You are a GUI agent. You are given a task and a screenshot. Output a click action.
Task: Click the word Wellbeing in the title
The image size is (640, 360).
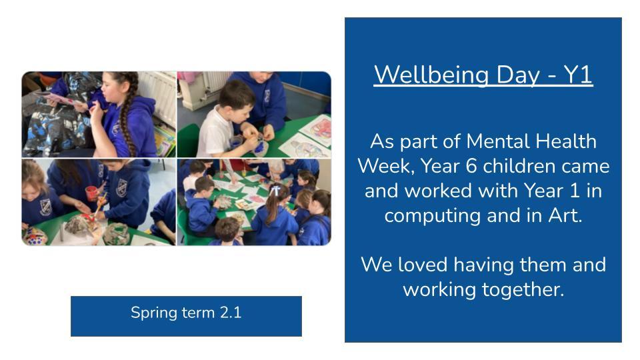tap(431, 75)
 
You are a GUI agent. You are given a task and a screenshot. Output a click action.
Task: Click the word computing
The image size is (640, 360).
tap(432, 216)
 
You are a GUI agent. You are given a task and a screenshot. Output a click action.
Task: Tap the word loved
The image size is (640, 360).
tap(423, 265)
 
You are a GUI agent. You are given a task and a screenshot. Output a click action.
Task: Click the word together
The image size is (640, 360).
tap(523, 290)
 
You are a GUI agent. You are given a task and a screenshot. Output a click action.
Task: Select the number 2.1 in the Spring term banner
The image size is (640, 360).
tap(231, 313)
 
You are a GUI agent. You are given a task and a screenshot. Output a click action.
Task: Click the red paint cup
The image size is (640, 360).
tap(92, 193)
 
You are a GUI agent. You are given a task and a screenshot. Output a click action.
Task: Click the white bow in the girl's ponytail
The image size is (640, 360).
tap(276, 190)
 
